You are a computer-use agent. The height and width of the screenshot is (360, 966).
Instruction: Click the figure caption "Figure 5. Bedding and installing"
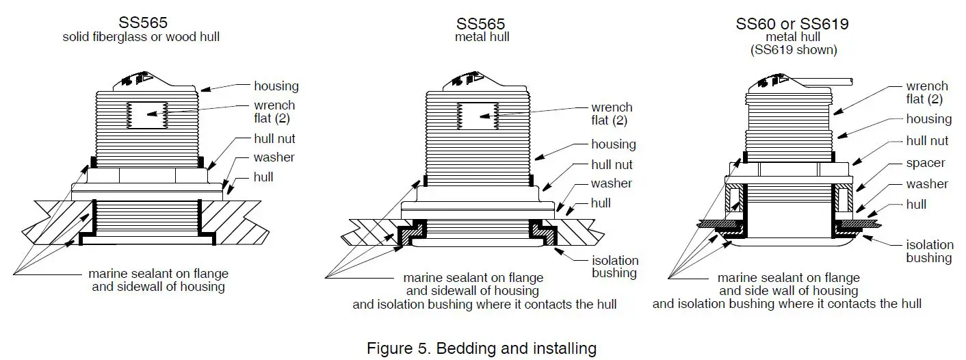tap(482, 348)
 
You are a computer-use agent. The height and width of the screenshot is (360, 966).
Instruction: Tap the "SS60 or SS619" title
tap(792, 24)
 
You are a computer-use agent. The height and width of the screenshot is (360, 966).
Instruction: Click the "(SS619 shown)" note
tap(792, 50)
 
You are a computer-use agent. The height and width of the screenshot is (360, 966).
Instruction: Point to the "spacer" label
tap(925, 163)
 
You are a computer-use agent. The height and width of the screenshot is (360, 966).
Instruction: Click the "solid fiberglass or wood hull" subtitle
tap(141, 37)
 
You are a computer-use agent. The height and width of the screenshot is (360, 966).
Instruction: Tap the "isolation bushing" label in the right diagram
tap(928, 251)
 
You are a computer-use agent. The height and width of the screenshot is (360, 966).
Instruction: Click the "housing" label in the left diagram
tap(276, 86)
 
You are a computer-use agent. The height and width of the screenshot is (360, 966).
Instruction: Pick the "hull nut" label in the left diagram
tap(274, 138)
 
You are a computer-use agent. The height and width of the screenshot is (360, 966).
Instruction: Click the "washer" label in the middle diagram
tap(612, 183)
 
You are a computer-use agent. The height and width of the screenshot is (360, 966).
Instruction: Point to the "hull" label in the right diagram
tap(915, 204)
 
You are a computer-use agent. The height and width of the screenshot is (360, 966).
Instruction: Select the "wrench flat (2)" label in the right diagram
tap(927, 93)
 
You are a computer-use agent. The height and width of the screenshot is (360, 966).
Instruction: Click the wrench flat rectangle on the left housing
tap(148, 114)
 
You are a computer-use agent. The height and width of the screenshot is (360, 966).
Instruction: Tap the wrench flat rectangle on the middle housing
tap(478, 116)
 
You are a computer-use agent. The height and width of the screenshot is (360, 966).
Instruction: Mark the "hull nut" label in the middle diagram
tap(612, 164)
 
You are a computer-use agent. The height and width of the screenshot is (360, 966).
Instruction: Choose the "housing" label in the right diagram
tap(928, 119)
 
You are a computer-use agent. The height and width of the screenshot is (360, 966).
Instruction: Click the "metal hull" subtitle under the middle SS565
tap(482, 37)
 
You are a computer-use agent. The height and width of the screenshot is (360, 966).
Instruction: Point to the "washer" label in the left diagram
tap(274, 157)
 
